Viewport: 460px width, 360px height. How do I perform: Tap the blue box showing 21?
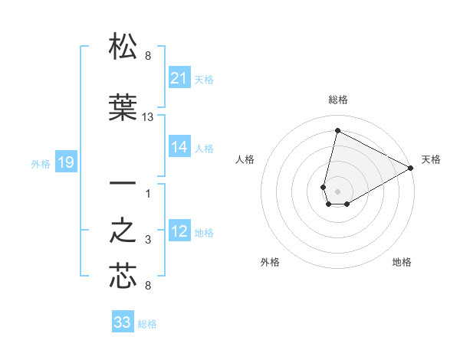[x=179, y=78]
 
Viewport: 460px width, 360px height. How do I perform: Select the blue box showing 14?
[x=179, y=148]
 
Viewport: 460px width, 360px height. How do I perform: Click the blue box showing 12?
[x=179, y=232]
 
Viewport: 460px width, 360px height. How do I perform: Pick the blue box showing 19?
[x=65, y=162]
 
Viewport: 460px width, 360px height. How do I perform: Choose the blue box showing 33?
[x=123, y=322]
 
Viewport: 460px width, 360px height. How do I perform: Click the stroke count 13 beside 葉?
[x=148, y=117]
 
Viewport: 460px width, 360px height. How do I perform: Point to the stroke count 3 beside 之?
[x=148, y=241]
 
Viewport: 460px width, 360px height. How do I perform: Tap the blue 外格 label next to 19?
[x=41, y=163]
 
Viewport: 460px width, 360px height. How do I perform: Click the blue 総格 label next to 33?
[x=147, y=324]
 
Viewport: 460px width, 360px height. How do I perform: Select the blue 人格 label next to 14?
[x=204, y=149]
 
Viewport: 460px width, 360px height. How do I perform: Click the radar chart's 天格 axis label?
[x=431, y=159]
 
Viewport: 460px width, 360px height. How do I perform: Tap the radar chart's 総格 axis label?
[x=337, y=100]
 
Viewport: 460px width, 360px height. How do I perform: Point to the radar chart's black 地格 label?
[x=402, y=263]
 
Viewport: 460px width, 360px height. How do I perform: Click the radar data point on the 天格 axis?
[x=411, y=169]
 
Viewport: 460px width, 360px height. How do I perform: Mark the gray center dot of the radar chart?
[x=337, y=191]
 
